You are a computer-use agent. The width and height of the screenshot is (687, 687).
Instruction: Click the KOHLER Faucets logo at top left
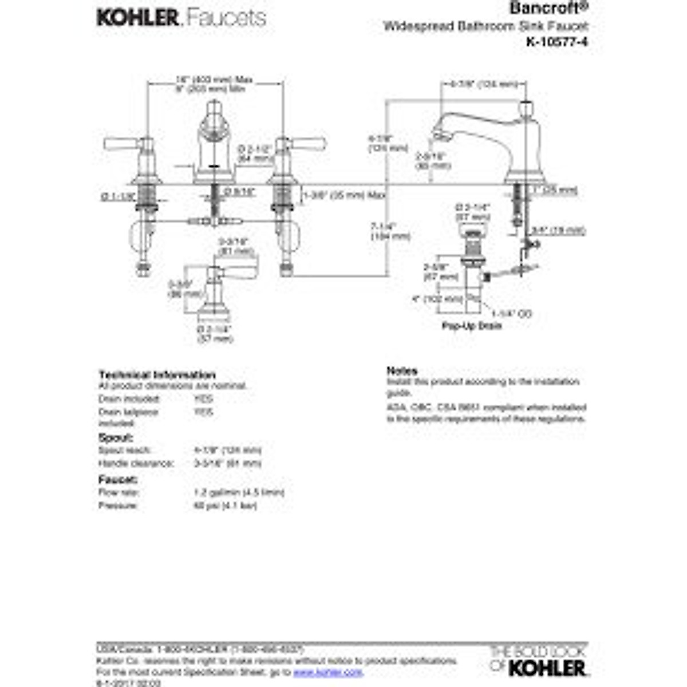[x=181, y=18]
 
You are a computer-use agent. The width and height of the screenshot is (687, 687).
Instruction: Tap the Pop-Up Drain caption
[x=471, y=326]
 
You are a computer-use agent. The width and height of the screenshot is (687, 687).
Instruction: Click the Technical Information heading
[x=157, y=375]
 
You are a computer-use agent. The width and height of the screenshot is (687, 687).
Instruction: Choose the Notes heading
[x=402, y=370]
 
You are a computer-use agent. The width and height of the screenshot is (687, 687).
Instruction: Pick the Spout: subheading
[x=116, y=437]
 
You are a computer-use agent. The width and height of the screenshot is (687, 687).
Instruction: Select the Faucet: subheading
[x=118, y=480]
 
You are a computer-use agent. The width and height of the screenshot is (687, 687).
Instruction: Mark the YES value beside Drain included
[x=203, y=398]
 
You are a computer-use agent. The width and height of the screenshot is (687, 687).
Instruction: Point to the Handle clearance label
[x=136, y=463]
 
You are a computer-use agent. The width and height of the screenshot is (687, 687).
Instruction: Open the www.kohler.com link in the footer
[x=328, y=672]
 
